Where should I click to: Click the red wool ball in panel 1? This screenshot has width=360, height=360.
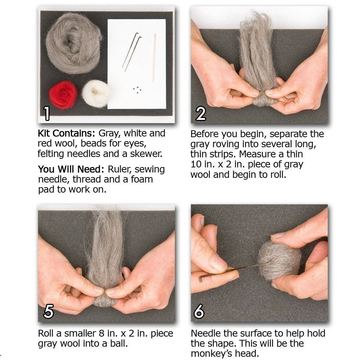tap(63, 95)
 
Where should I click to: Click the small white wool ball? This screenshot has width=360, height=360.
tap(96, 93)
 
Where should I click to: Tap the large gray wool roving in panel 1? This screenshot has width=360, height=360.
tap(73, 43)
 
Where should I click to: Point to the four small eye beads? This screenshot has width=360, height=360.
tap(137, 90)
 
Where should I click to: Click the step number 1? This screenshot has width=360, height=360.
tap(47, 113)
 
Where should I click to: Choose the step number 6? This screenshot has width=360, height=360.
tap(199, 311)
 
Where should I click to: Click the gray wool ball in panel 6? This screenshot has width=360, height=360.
tap(279, 261)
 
